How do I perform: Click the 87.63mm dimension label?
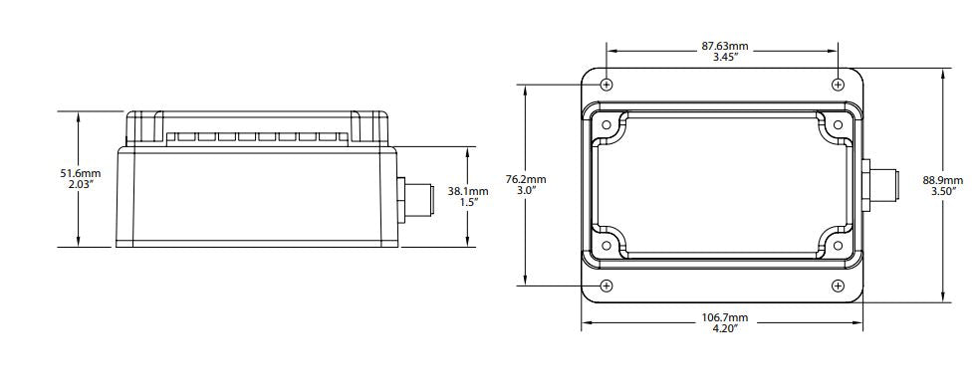725,46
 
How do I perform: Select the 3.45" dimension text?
725,57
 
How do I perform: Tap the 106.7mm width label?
725,317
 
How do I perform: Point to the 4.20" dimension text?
725,328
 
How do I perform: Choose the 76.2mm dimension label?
526,179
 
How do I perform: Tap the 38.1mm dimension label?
468,191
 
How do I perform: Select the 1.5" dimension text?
469,202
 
